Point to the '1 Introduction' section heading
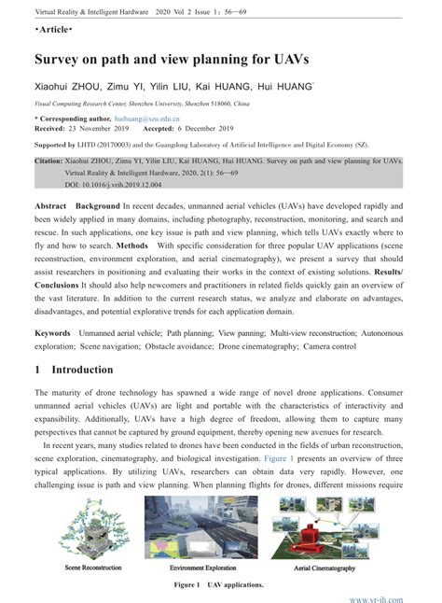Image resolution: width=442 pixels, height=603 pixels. (x=74, y=370)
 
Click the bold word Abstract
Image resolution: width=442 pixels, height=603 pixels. (x=50, y=205)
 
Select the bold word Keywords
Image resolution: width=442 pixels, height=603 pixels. (x=53, y=332)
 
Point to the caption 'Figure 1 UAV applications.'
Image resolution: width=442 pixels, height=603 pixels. (x=218, y=584)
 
